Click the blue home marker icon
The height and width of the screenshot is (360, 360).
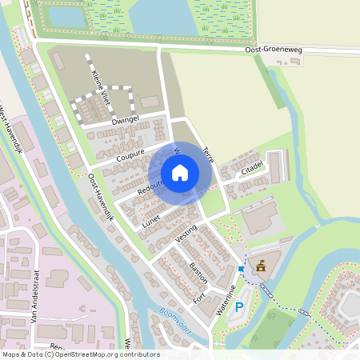click(x=180, y=172)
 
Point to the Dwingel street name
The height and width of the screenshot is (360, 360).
click(x=126, y=120)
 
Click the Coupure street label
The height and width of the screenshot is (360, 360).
click(x=130, y=153)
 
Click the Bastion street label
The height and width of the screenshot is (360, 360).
click(x=198, y=271)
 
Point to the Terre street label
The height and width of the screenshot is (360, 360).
click(x=209, y=154)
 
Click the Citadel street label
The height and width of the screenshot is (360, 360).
click(x=252, y=167)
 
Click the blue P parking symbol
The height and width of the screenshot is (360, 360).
click(x=238, y=306)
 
